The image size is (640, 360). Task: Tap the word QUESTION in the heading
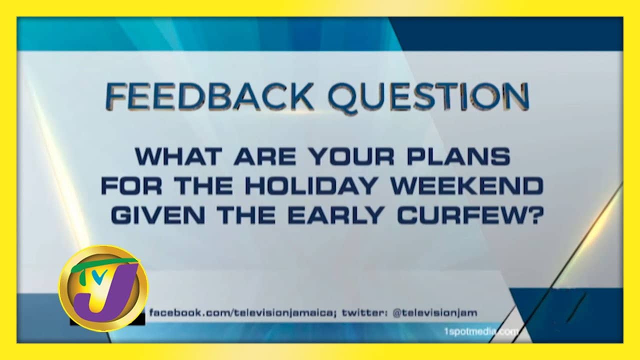(x=428, y=97)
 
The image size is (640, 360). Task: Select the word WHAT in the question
(x=178, y=156)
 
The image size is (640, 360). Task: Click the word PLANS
(x=459, y=156)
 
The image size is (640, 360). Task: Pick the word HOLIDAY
(x=310, y=185)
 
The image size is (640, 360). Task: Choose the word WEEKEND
(x=466, y=185)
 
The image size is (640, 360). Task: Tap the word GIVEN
(x=157, y=215)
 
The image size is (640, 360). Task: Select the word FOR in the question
(x=131, y=185)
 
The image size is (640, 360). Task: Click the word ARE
(x=265, y=156)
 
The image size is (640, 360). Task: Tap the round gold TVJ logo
(x=103, y=288)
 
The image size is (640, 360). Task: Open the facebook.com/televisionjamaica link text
(x=242, y=313)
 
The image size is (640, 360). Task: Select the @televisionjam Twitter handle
(x=435, y=313)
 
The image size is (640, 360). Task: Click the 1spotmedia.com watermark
(x=481, y=332)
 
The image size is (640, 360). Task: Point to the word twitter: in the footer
(x=365, y=313)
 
